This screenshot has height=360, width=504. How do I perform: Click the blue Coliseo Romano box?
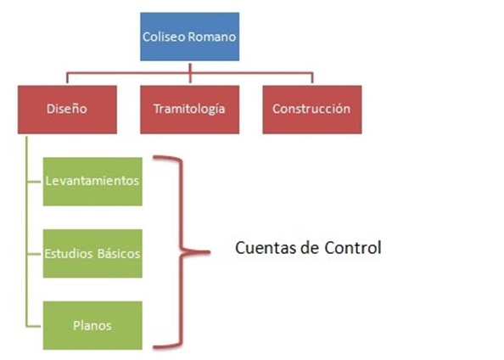click(x=190, y=37)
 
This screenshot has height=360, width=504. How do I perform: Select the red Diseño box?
click(x=67, y=110)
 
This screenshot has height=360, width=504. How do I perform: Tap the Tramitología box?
click(x=190, y=110)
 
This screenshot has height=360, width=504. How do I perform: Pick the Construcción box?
click(x=312, y=110)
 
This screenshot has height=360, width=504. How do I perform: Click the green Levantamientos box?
click(x=92, y=182)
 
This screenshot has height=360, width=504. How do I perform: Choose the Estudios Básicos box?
click(x=92, y=254)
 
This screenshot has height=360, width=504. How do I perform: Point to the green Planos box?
click(x=92, y=325)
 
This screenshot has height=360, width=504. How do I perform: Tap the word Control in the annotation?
click(x=353, y=248)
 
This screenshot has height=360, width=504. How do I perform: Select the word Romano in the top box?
click(x=212, y=37)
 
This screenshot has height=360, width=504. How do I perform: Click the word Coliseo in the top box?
click(x=164, y=37)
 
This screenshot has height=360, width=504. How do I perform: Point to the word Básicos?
click(x=119, y=254)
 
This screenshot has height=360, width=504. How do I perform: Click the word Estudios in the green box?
click(x=69, y=254)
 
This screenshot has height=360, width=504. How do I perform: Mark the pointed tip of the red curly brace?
click(x=210, y=252)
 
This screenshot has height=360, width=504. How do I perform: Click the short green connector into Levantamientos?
click(x=35, y=182)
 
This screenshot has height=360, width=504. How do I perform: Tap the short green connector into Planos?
click(x=35, y=326)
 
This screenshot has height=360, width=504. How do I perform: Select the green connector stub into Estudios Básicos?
click(x=35, y=254)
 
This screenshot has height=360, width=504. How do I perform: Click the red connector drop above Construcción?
click(x=312, y=78)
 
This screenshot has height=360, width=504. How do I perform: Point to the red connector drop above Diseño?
click(x=67, y=78)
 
